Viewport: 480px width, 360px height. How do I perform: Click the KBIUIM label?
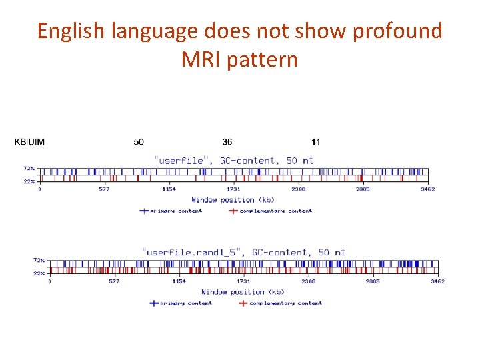pyautogui.click(x=30, y=142)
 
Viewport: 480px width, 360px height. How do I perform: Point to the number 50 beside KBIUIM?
pyautogui.click(x=139, y=142)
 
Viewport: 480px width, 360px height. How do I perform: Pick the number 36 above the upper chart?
pyautogui.click(x=227, y=142)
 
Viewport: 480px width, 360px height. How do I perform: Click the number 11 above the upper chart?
pyautogui.click(x=316, y=142)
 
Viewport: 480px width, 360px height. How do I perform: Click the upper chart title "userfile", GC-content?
pyautogui.click(x=233, y=161)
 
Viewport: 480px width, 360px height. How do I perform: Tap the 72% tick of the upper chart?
pyautogui.click(x=29, y=169)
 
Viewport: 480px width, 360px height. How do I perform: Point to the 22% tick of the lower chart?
pyautogui.click(x=39, y=273)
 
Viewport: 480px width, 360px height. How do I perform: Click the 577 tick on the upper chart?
pyautogui.click(x=104, y=189)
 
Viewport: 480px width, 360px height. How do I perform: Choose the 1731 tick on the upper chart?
pyautogui.click(x=234, y=189)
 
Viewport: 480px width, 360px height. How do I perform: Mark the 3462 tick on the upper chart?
pyautogui.click(x=428, y=189)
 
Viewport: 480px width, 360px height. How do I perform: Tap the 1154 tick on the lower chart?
pyautogui.click(x=179, y=281)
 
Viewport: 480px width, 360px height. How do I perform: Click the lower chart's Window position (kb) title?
pyautogui.click(x=243, y=292)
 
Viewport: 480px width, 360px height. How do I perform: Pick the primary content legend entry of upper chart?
pyautogui.click(x=171, y=211)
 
